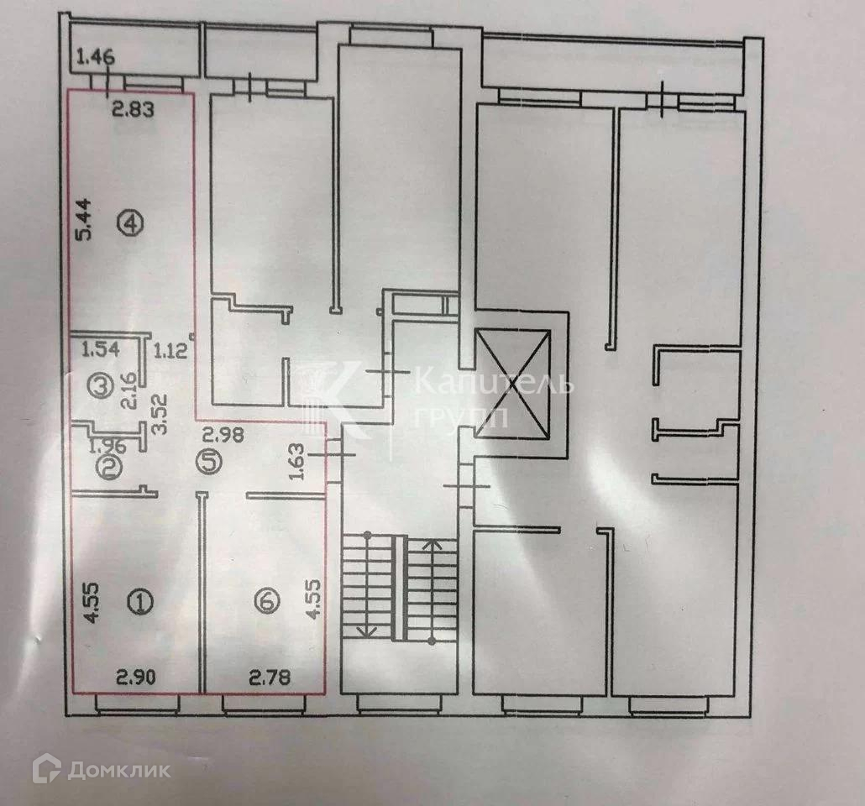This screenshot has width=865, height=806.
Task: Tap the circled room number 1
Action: click(140, 600)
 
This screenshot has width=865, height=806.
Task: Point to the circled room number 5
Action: click(207, 460)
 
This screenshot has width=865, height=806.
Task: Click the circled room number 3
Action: click(102, 386)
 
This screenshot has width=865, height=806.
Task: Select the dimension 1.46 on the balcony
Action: click(94, 58)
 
